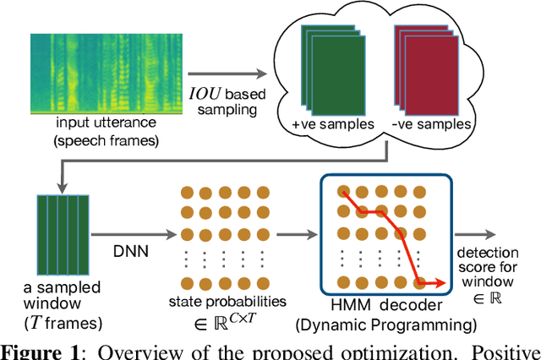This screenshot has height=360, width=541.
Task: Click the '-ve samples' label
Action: (x=424, y=123)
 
